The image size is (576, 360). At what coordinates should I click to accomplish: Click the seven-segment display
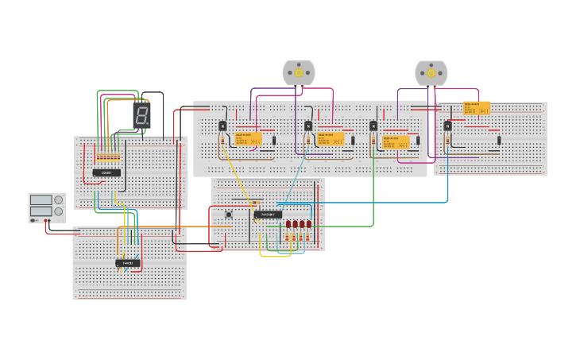click(141, 115)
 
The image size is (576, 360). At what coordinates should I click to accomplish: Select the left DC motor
click(299, 73)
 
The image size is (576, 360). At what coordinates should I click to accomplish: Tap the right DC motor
click(431, 73)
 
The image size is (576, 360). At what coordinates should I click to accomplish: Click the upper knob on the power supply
click(58, 200)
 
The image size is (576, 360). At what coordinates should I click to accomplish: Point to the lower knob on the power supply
click(58, 211)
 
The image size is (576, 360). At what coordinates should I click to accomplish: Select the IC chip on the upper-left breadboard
click(106, 172)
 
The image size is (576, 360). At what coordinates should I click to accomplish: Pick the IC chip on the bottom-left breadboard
click(128, 263)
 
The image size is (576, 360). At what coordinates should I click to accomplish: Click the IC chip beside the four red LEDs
click(268, 215)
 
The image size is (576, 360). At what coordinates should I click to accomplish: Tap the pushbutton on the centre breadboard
click(229, 214)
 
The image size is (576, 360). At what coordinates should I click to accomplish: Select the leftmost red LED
click(288, 224)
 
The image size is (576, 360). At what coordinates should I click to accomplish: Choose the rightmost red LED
click(308, 224)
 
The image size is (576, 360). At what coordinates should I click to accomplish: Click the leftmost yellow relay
click(248, 139)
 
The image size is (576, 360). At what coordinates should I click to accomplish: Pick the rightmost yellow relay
click(477, 108)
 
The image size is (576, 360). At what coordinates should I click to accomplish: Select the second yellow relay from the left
click(331, 139)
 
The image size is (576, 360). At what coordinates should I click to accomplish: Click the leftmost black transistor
click(222, 126)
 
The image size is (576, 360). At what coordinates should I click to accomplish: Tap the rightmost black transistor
click(447, 126)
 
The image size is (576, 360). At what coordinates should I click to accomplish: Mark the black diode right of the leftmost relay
click(274, 141)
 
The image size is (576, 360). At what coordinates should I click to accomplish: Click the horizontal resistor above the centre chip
click(267, 203)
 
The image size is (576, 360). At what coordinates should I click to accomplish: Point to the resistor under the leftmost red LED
click(288, 236)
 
